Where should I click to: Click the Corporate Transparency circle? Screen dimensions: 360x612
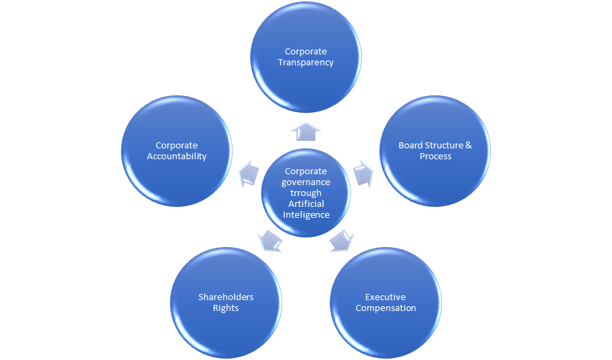306,57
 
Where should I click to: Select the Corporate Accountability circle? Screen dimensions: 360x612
177,151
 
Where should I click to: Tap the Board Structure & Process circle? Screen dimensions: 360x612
435,151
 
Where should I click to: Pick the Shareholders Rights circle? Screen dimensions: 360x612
226,302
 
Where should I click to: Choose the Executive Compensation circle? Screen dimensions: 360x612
386,302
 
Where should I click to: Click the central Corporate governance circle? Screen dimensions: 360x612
306,193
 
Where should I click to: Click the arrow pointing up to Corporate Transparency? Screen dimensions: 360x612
306,131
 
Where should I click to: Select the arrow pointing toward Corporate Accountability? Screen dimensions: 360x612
249,174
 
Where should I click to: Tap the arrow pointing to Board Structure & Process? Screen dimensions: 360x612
364,174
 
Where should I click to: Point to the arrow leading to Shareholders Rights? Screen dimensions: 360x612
270,240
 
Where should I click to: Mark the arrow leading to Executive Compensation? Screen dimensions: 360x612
341,240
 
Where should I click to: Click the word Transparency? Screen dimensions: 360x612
306,63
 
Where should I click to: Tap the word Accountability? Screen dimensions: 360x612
177,157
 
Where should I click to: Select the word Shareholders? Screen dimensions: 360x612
226,297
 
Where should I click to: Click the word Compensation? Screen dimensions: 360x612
386,308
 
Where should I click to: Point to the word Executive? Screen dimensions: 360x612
386,297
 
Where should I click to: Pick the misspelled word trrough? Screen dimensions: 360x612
306,193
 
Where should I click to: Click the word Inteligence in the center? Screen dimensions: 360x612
306,215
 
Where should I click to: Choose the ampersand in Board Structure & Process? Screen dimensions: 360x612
468,146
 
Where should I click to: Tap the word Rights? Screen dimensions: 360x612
226,308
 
